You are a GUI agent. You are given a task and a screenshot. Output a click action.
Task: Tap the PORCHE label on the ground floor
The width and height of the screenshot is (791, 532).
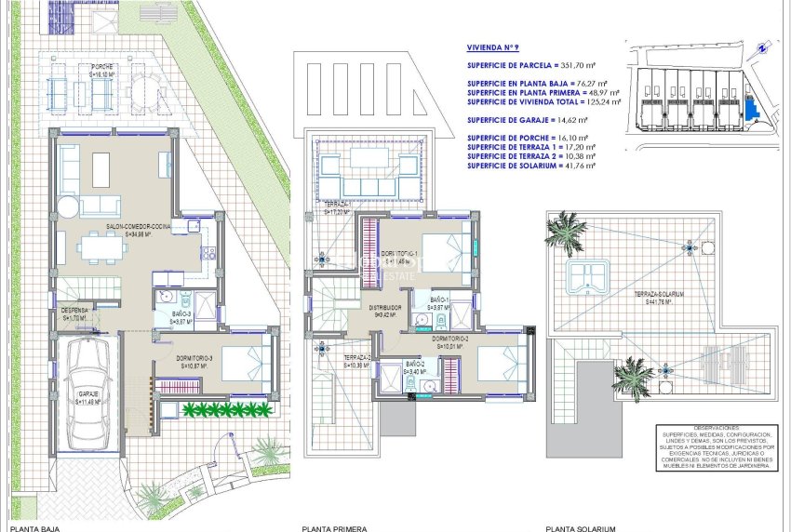pyautogui.click(x=102, y=67)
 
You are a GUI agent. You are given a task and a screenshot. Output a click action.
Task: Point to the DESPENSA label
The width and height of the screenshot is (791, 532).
pyautogui.click(x=74, y=309)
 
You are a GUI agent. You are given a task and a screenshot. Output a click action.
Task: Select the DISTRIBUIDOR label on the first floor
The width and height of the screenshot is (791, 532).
pyautogui.click(x=384, y=307)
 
